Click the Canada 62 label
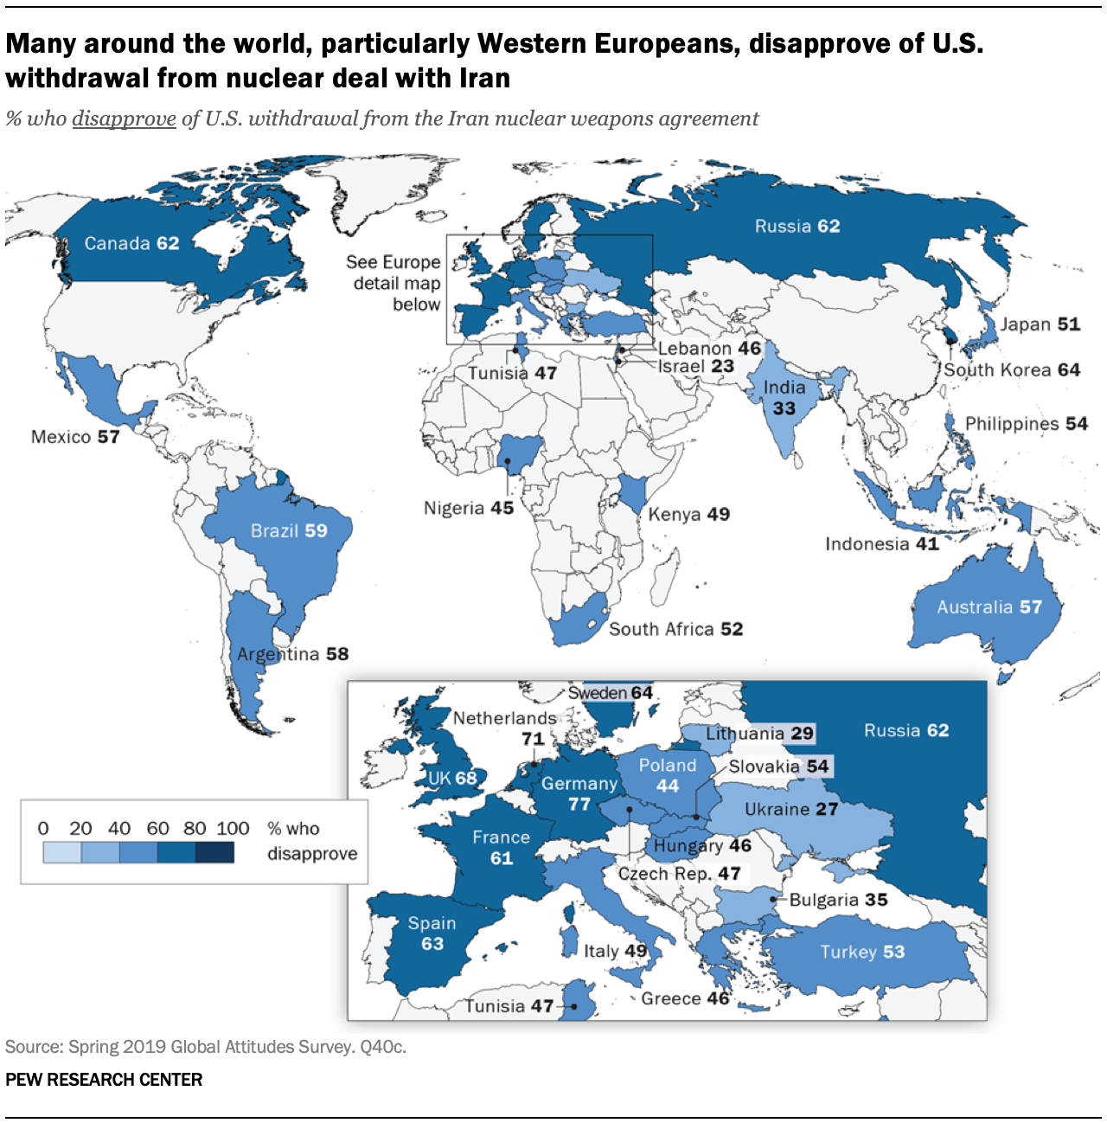(x=131, y=244)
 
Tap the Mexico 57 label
(x=75, y=437)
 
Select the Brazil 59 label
(x=289, y=531)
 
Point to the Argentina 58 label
(x=292, y=654)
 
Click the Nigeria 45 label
(x=468, y=508)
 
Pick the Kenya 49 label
(x=688, y=515)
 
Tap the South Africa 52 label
(x=675, y=629)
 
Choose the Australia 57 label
(x=989, y=607)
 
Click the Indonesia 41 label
(x=881, y=544)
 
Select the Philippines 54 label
(x=1026, y=424)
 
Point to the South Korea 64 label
(x=1012, y=370)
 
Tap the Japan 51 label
(x=1040, y=324)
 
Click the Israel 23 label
(x=696, y=366)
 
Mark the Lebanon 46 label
(x=709, y=349)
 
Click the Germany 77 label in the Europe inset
(x=579, y=793)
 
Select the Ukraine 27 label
(x=791, y=810)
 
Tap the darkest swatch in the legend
(x=214, y=852)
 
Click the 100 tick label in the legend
(x=233, y=829)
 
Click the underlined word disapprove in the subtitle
(x=124, y=119)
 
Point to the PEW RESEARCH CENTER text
(x=104, y=1080)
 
